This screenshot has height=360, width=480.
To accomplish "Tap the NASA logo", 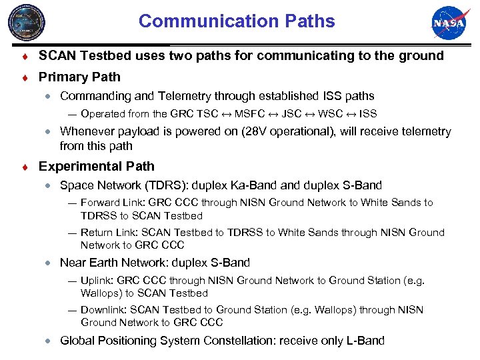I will pos(451,24).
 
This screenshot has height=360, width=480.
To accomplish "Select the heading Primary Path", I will pos(80,77).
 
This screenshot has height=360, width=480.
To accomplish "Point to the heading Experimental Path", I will pos(97,166).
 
